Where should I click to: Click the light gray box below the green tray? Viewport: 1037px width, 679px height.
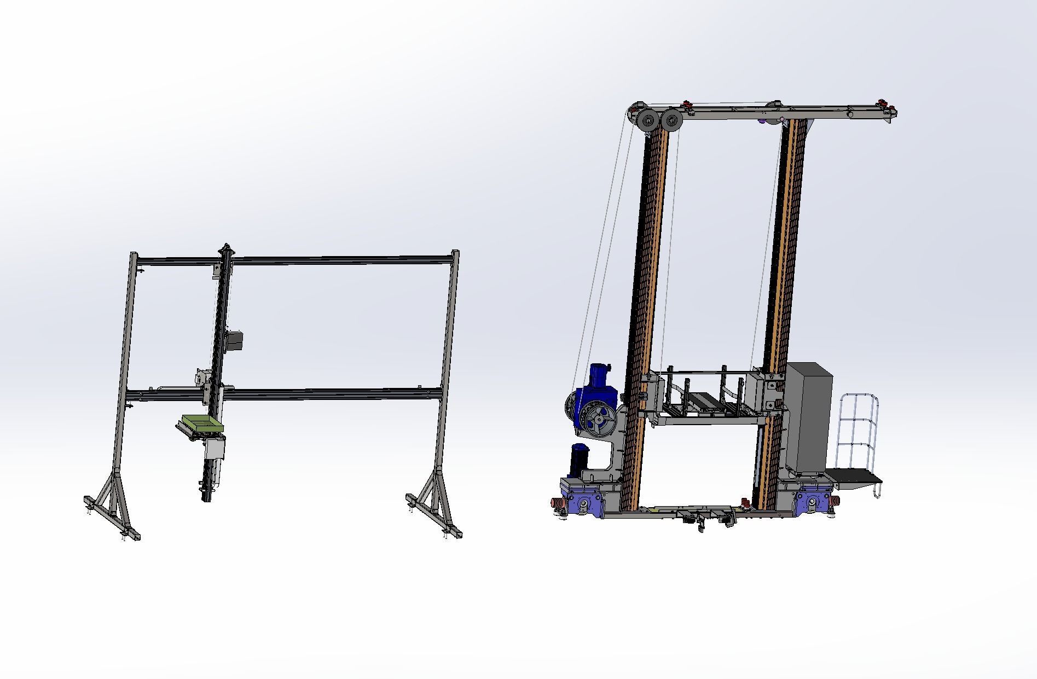coord(215,449)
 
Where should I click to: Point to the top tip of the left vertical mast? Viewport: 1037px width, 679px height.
coord(226,246)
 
